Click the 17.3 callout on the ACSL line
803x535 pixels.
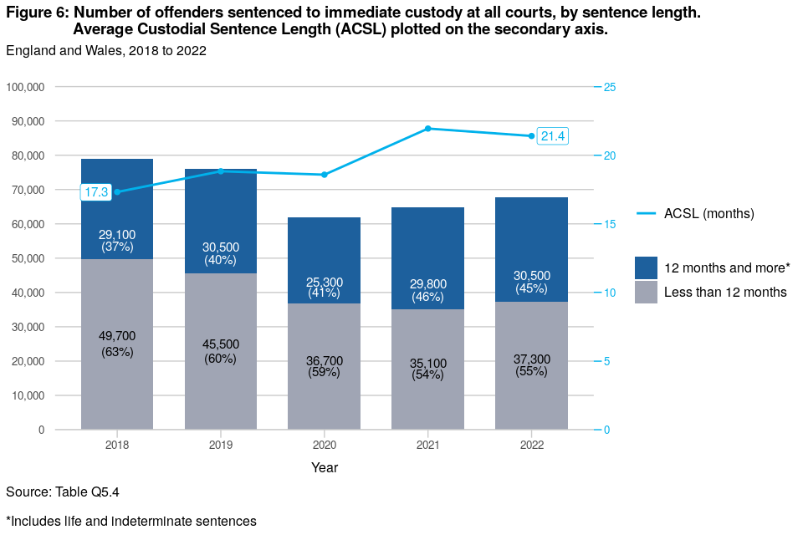pos(96,192)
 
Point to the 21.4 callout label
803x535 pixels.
pos(553,136)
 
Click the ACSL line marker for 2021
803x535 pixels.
pos(427,129)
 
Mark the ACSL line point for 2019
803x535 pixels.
pos(221,171)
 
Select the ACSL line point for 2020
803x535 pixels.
pos(324,175)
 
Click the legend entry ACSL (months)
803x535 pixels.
pos(708,214)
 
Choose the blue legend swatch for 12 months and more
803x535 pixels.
pos(646,267)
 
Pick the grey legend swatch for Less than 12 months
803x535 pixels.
pos(646,292)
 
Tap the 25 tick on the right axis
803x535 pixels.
pos(610,87)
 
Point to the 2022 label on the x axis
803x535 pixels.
pos(531,445)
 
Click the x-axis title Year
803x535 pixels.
pos(325,468)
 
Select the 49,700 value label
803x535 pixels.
pos(117,336)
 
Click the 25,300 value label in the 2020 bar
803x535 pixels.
pos(324,283)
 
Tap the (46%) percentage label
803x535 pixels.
pos(427,297)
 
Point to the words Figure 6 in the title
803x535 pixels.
pos(37,13)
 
